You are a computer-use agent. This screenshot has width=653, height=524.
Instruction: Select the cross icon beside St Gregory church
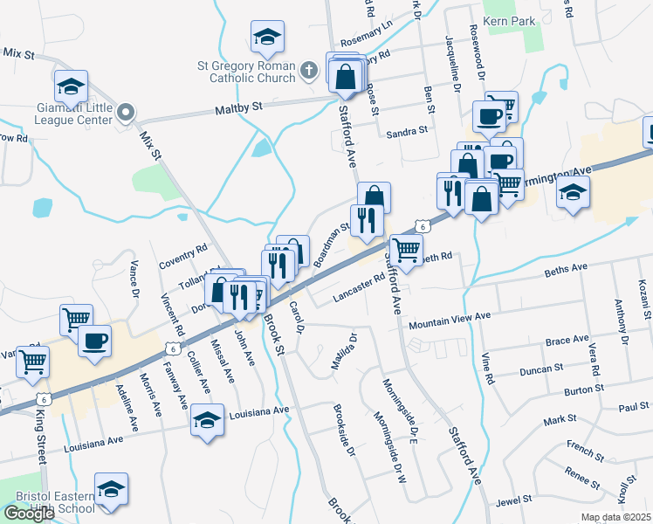point(308,69)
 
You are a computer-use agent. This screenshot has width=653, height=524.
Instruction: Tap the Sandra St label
point(406,131)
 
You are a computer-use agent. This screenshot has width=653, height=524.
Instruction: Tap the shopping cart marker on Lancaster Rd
point(406,250)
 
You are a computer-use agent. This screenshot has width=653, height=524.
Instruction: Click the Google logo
point(29,514)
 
